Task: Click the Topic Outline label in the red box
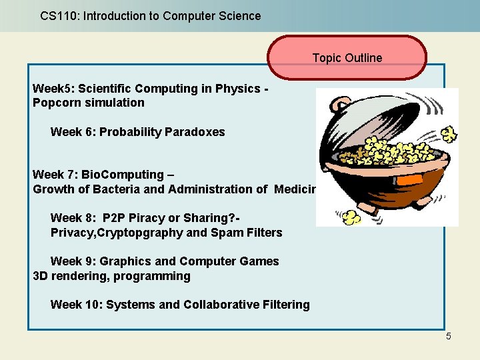[x=347, y=58]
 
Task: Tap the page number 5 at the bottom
[x=449, y=336]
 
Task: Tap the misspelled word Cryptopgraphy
[x=141, y=233]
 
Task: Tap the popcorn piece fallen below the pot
[x=351, y=217]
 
